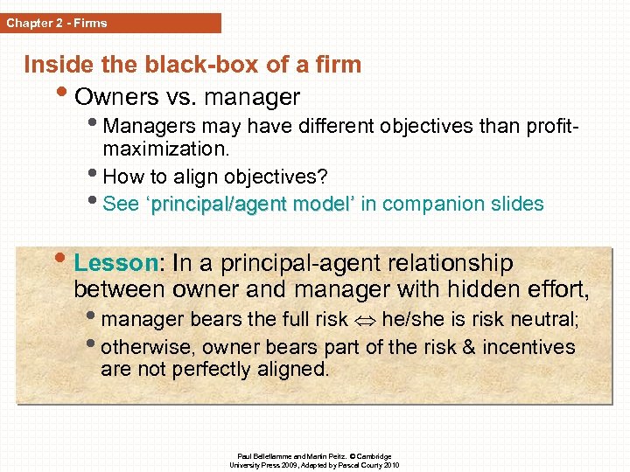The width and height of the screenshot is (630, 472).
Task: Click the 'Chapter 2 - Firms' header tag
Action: pos(58,23)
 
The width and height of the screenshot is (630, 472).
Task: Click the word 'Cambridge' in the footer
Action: pos(372,456)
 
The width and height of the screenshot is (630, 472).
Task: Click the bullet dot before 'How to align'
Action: pos(95,175)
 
